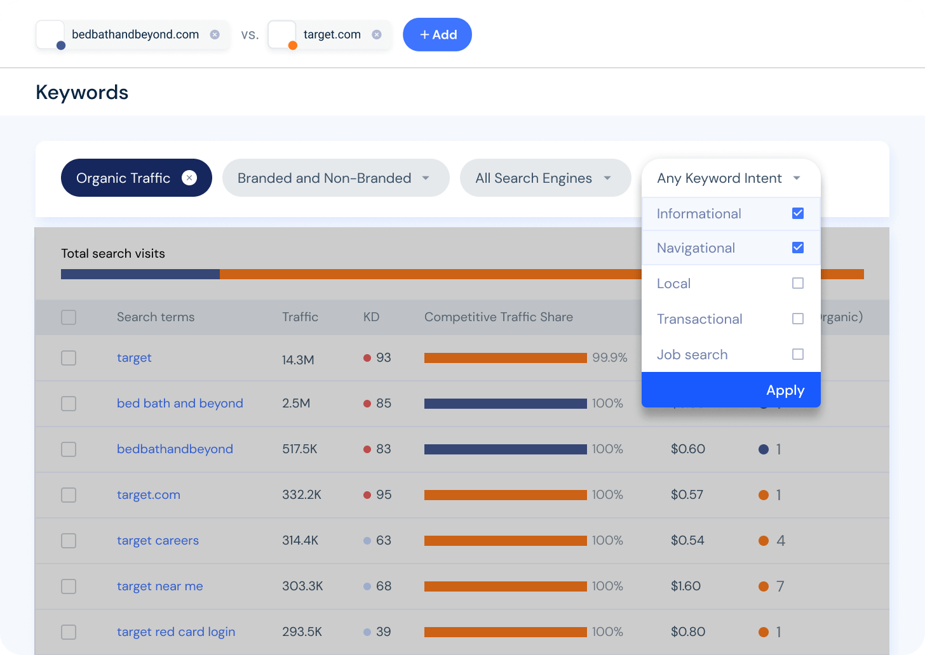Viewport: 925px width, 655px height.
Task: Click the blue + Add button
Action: click(437, 34)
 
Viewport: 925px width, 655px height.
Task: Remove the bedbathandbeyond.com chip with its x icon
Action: click(215, 34)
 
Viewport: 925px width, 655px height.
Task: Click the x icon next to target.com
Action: click(377, 34)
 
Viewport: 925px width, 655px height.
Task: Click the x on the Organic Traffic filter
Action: click(189, 178)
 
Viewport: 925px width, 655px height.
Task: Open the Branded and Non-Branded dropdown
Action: click(335, 178)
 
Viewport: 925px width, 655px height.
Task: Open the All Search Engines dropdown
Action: click(544, 178)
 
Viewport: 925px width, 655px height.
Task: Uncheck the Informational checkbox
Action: click(798, 213)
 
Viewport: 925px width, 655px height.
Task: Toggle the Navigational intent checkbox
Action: click(798, 248)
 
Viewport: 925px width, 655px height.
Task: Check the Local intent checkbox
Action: click(798, 283)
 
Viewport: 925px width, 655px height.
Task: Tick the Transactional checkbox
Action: click(798, 319)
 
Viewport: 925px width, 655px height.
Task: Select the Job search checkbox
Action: click(798, 354)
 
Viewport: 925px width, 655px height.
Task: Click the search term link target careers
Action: click(158, 541)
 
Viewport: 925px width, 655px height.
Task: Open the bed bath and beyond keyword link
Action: click(180, 404)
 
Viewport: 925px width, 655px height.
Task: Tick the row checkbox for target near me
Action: click(69, 586)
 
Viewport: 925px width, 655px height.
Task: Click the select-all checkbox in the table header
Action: click(69, 317)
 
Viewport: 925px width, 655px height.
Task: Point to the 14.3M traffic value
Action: click(298, 360)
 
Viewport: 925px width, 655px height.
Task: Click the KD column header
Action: click(371, 317)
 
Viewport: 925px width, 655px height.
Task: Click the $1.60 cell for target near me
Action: click(685, 586)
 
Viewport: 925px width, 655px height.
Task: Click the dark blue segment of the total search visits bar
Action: click(140, 274)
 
